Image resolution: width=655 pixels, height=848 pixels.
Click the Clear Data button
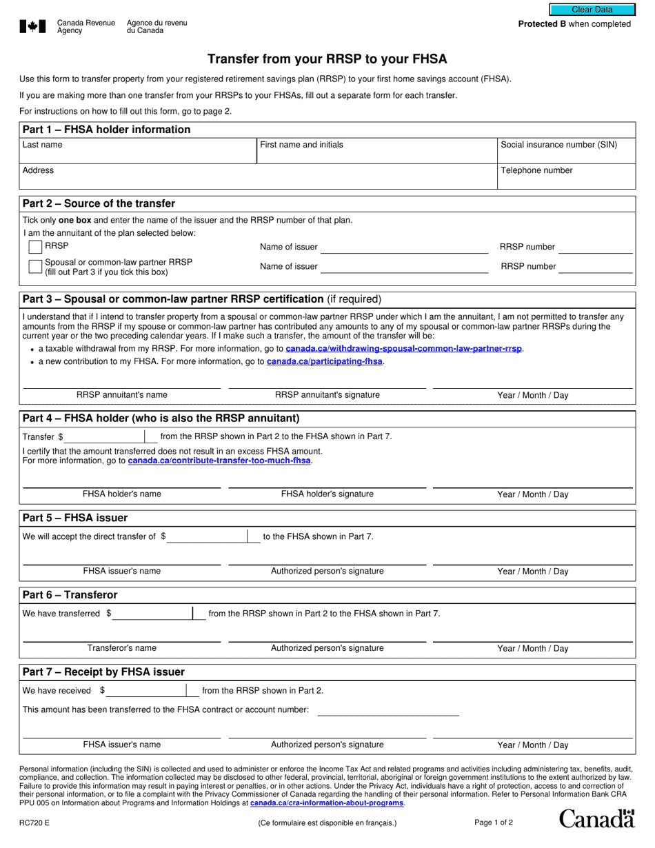[x=592, y=10]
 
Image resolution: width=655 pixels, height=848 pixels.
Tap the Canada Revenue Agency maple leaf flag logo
[x=32, y=27]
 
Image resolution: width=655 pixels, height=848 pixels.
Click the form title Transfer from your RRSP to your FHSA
[x=327, y=59]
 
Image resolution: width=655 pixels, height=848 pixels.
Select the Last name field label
[x=42, y=145]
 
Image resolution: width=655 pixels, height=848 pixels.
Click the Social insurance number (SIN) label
[x=558, y=145]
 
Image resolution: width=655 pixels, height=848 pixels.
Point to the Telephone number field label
[x=536, y=170]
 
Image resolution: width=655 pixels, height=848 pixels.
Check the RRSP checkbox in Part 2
[x=35, y=247]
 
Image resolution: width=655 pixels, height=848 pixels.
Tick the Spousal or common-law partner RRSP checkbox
[x=35, y=266]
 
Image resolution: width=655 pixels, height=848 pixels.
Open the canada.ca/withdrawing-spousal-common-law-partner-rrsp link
[x=403, y=349]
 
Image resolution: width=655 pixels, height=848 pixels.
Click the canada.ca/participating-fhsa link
[x=325, y=361]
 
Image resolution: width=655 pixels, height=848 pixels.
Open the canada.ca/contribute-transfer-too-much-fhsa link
[x=219, y=461]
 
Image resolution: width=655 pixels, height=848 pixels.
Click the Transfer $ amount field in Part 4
[x=105, y=436]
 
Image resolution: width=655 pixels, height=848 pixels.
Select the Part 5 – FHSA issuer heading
[x=75, y=518]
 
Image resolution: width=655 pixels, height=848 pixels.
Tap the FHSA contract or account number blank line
[x=387, y=710]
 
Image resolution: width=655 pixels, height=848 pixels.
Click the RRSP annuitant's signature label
[x=327, y=395]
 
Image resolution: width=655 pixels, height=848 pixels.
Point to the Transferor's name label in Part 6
[x=121, y=648]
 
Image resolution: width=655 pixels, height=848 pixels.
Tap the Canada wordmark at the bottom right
[x=596, y=818]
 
